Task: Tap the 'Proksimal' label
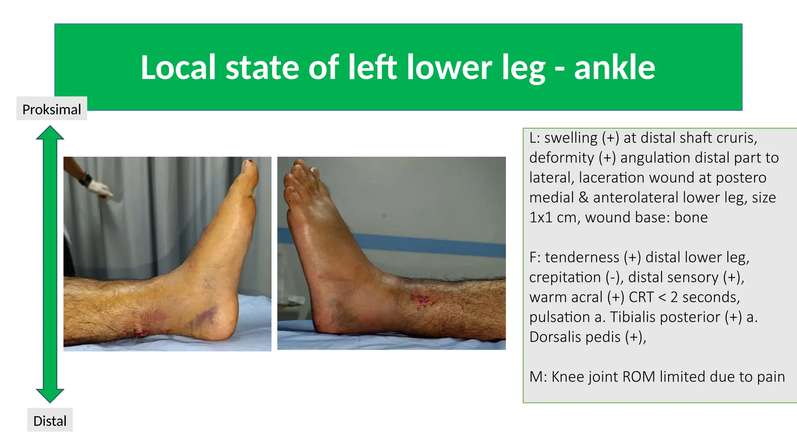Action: [52, 109]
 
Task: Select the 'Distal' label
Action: [50, 421]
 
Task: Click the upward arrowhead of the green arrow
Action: [50, 133]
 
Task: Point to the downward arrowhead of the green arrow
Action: [50, 395]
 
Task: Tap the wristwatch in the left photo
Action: [86, 179]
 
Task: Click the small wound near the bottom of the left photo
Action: [140, 333]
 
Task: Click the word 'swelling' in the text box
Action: [571, 138]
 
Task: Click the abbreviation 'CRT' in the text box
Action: [641, 297]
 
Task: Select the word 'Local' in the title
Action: [178, 68]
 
